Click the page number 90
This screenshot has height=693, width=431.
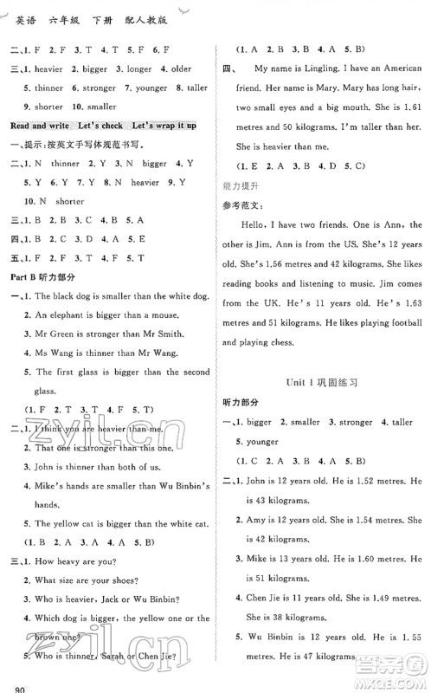point(13,686)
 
